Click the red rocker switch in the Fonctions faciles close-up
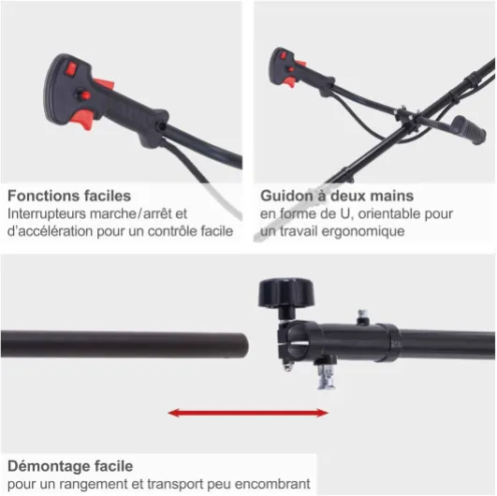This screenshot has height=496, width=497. (71, 69)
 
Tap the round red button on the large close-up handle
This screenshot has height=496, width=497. (85, 95)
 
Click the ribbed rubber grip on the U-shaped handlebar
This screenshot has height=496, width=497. (469, 130)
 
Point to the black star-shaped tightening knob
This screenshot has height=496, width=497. (286, 293)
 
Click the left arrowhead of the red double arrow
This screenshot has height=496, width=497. (174, 413)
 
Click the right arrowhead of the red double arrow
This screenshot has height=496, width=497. (322, 413)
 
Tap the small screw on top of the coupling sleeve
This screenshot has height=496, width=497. (362, 316)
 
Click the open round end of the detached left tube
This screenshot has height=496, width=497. (243, 345)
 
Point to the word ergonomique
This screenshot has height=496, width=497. (363, 231)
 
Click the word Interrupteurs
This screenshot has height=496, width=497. (47, 214)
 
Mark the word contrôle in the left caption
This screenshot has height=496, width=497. (168, 231)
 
